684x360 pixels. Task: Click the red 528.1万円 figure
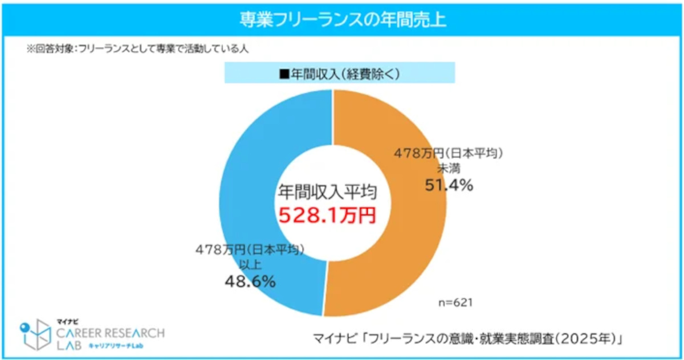(327, 216)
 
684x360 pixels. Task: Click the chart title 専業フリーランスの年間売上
(342, 21)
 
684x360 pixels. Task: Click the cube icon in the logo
(35, 333)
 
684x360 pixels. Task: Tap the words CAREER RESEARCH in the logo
(111, 333)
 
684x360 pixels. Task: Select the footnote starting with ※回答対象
(137, 49)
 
